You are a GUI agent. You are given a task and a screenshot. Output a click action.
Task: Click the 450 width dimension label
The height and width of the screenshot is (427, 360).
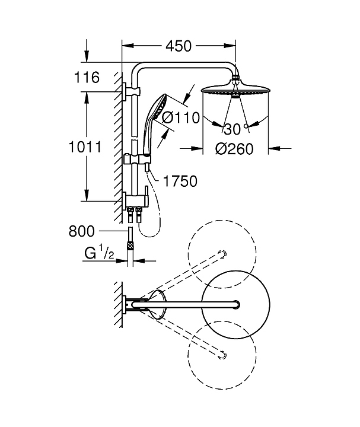click(179, 46)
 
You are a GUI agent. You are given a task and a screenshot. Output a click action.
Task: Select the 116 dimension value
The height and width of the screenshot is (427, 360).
click(87, 77)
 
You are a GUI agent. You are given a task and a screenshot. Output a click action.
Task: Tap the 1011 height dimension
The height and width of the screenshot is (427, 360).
click(85, 147)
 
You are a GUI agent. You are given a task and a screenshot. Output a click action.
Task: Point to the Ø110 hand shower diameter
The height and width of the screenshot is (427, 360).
click(180, 118)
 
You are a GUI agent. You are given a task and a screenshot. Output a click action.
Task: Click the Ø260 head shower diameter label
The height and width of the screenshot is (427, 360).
click(234, 149)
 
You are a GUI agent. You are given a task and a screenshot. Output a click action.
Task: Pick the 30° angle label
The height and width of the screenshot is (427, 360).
click(235, 129)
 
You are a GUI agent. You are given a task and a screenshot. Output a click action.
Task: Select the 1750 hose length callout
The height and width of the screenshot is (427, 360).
click(180, 181)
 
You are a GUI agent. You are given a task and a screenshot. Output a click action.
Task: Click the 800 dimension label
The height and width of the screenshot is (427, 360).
click(81, 231)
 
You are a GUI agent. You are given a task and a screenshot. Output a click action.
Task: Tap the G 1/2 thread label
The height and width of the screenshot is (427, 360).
click(99, 253)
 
